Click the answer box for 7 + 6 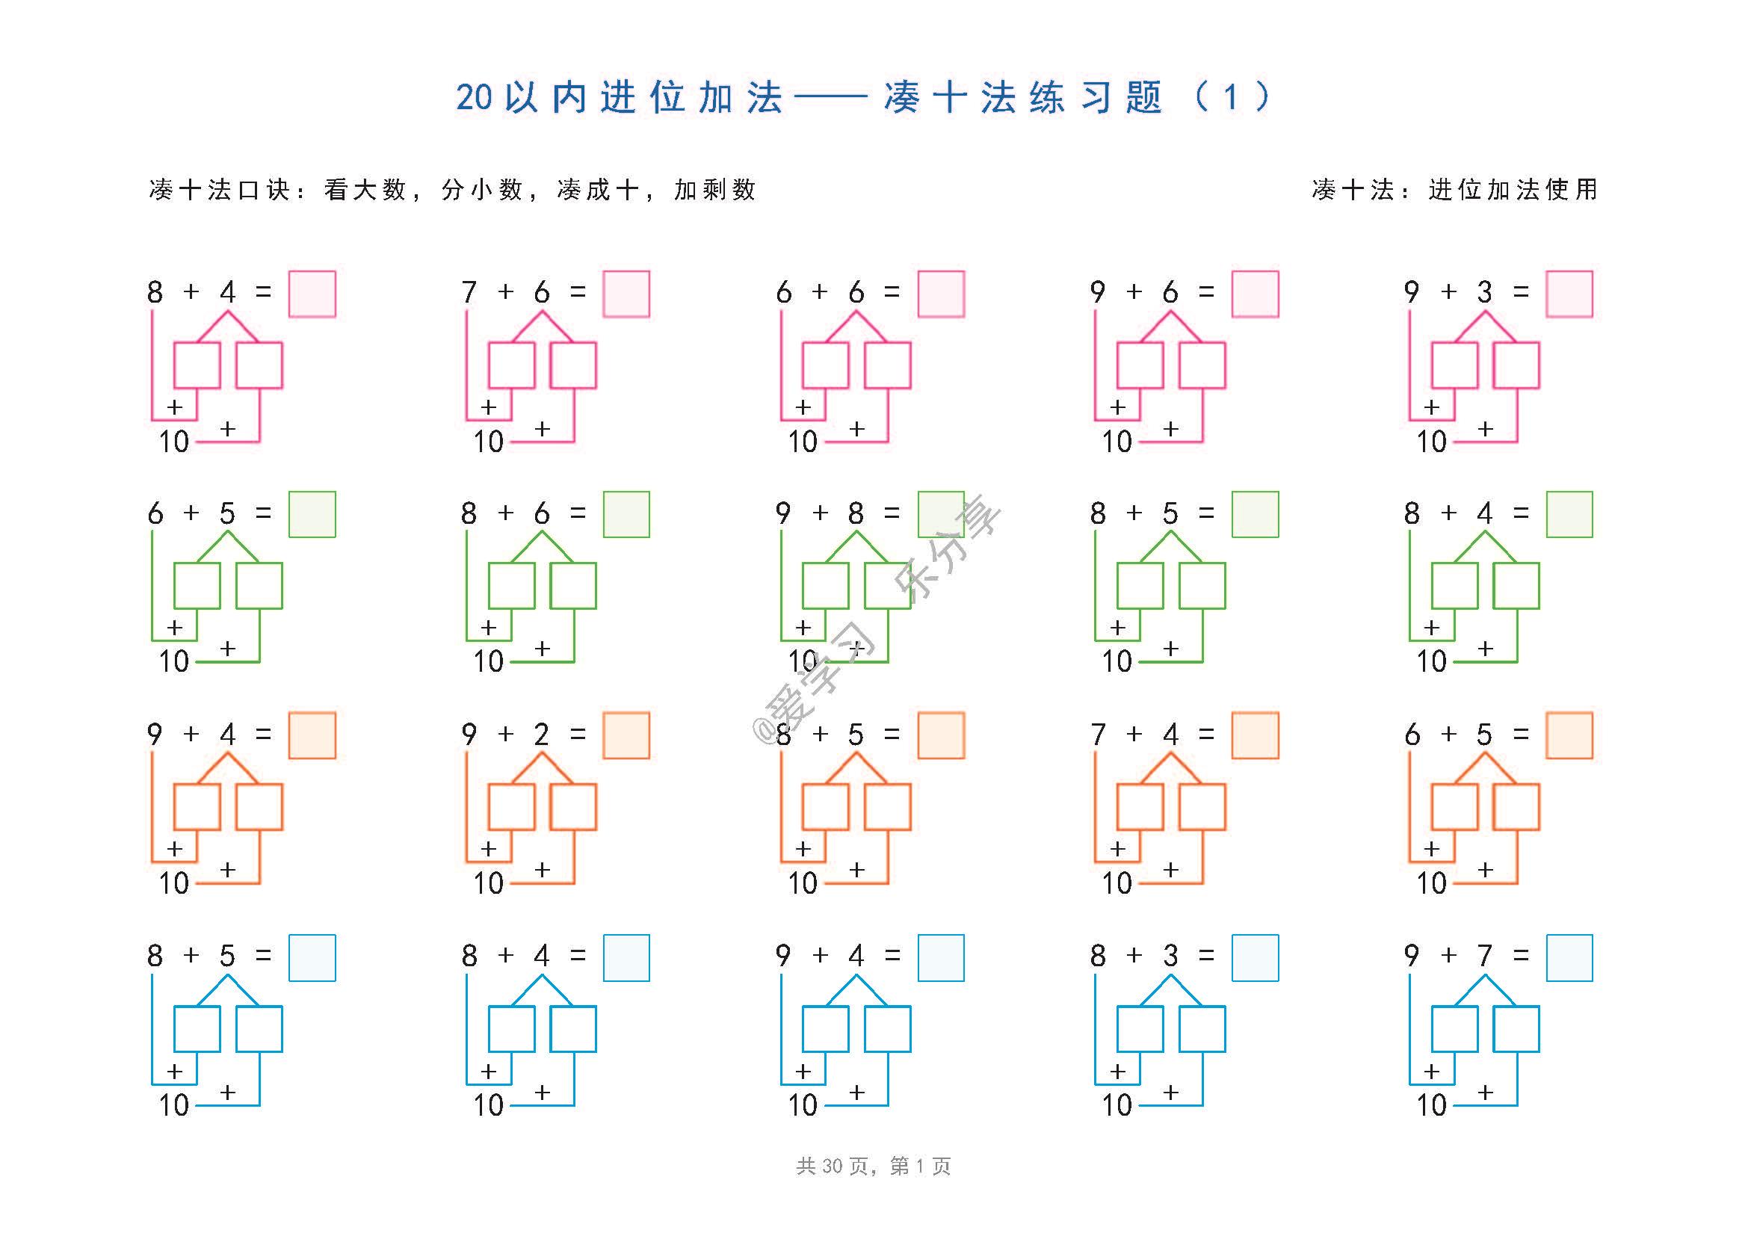(626, 294)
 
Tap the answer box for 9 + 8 (941, 514)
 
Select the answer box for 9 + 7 (1569, 957)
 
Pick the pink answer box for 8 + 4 (312, 294)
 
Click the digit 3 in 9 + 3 (1485, 291)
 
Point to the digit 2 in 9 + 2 (541, 734)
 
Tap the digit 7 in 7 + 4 (1097, 734)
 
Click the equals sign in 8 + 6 (578, 513)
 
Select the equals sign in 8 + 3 (1206, 955)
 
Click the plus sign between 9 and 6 (1134, 291)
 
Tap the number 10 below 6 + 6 (803, 442)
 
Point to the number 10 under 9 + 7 (1431, 1104)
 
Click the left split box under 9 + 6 (1140, 365)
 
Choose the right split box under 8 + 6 (573, 585)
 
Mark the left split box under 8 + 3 (1140, 1029)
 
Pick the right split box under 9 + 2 (573, 807)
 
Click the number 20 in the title (475, 97)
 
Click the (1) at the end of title (1231, 97)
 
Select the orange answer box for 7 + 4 (1256, 735)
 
